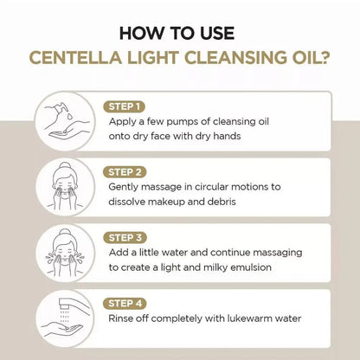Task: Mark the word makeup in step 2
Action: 180,202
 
